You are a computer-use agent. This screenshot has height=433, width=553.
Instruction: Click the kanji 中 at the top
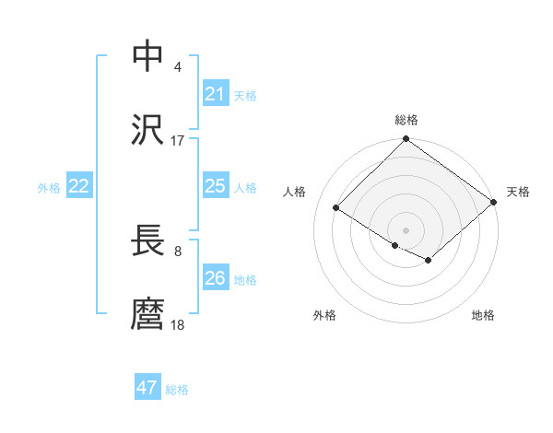pos(147,56)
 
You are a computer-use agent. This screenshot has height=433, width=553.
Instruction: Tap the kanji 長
pos(147,241)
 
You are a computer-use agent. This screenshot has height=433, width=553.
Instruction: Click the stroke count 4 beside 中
pos(177,66)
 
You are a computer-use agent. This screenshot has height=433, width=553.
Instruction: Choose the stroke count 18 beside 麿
pos(177,325)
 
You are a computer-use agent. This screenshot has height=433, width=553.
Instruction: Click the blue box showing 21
pos(216,93)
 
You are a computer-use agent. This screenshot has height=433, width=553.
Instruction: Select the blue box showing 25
pos(216,186)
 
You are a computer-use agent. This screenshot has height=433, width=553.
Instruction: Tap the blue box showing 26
pos(216,278)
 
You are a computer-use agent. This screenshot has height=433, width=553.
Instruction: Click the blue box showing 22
pos(79,186)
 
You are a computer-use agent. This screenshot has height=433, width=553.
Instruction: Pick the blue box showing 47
pos(147,388)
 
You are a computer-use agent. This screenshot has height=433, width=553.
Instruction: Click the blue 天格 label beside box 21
pos(245,95)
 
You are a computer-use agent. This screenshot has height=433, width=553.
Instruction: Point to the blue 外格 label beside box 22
pos(49,188)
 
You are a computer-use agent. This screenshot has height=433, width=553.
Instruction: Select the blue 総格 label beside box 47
pos(177,390)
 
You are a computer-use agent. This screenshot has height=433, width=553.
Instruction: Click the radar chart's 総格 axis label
pos(406,120)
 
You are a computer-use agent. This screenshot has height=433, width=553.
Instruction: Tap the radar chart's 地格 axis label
pos(483,315)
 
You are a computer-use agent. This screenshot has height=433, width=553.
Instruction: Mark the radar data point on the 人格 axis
pos(336,207)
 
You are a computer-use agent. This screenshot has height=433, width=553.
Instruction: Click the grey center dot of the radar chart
pos(406,229)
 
